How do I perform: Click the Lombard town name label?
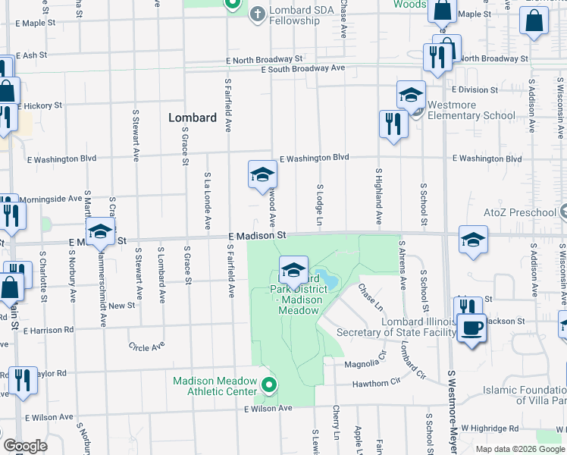pyautogui.click(x=192, y=118)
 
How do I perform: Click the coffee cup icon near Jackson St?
pyautogui.click(x=471, y=329)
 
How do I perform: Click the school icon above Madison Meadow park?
pyautogui.click(x=293, y=268)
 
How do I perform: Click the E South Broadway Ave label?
pyautogui.click(x=302, y=68)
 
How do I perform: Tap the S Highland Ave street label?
pyautogui.click(x=377, y=196)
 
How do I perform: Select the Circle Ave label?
pyautogui.click(x=146, y=347)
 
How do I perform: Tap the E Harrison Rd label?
pyautogui.click(x=49, y=330)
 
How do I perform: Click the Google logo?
pyautogui.click(x=25, y=446)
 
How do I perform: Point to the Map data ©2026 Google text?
pyautogui.click(x=519, y=449)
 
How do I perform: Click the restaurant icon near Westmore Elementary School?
pyautogui.click(x=393, y=124)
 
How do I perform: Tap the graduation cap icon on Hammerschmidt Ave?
pyautogui.click(x=100, y=232)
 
